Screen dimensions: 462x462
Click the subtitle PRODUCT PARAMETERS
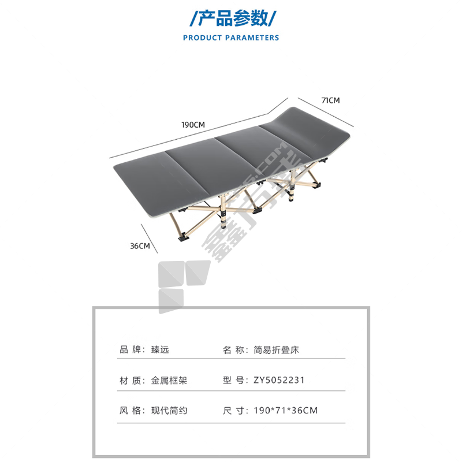pos(230,38)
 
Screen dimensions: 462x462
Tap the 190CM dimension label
pos(193,125)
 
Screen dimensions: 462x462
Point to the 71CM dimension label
pos(330,100)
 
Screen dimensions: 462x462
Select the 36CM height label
pos(139,246)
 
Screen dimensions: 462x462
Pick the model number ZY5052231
pos(279,381)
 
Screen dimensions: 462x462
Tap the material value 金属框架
pos(169,381)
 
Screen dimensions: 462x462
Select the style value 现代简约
pos(169,411)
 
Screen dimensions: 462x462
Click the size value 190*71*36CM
pos(285,411)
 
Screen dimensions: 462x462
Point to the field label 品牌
pos(130,350)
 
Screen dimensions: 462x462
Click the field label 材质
pos(130,381)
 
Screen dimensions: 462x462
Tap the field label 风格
pos(130,411)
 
